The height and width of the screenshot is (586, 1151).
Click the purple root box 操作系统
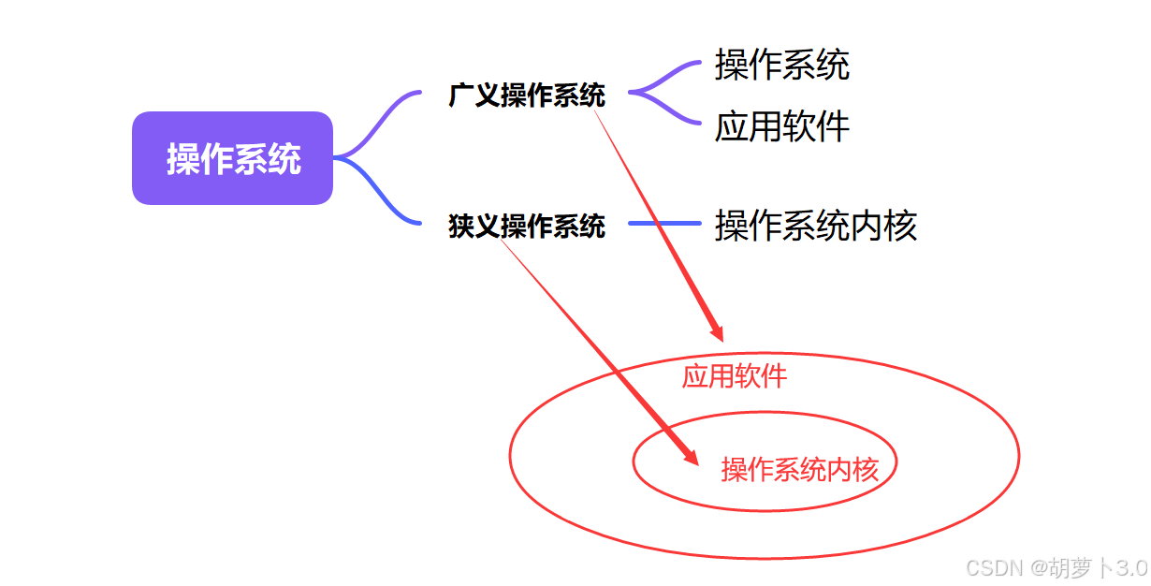(x=232, y=158)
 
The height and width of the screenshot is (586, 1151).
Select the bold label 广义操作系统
(x=527, y=95)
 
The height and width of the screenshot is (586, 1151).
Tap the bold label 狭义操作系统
(x=527, y=226)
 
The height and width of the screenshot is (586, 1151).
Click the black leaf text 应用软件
(x=781, y=126)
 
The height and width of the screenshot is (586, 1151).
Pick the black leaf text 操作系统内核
(x=815, y=226)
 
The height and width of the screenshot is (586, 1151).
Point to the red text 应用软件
(x=734, y=376)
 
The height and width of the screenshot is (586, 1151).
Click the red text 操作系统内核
(x=799, y=469)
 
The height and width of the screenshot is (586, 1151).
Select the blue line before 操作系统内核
(x=664, y=224)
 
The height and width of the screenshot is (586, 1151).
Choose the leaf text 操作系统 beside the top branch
(x=781, y=65)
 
